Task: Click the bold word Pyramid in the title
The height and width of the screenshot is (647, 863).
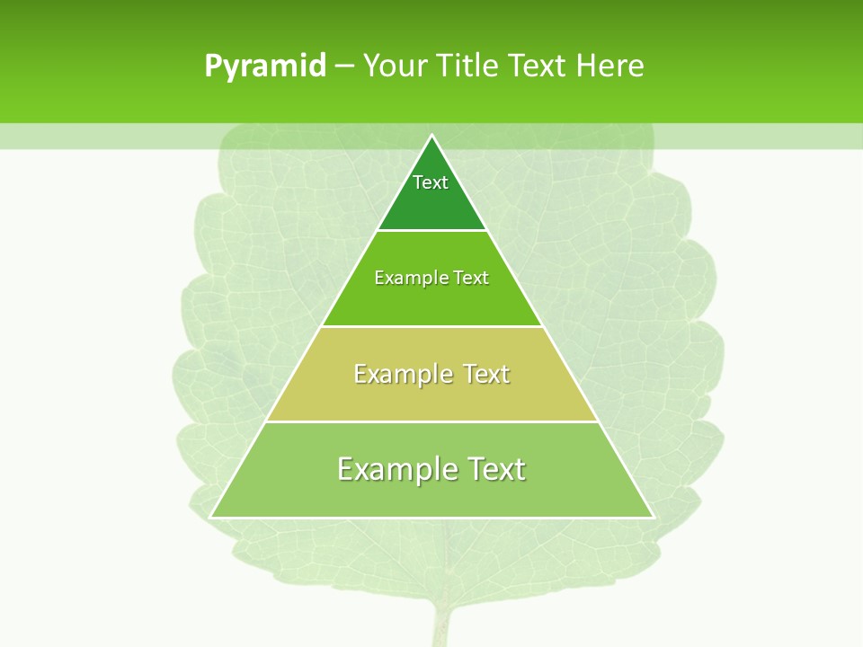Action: pos(265,66)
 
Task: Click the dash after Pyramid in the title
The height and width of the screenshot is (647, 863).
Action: pos(343,66)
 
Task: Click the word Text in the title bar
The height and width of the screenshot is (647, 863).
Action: pos(538,66)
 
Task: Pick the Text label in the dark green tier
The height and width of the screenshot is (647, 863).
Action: pos(431,182)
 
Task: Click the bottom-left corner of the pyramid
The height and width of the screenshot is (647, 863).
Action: pos(210,517)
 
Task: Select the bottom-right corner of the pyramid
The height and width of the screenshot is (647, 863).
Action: pos(653,517)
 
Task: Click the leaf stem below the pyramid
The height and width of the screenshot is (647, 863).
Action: pos(440,625)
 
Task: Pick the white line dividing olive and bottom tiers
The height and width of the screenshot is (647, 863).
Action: pos(431,421)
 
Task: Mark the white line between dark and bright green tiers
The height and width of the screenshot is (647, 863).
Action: pos(431,230)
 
